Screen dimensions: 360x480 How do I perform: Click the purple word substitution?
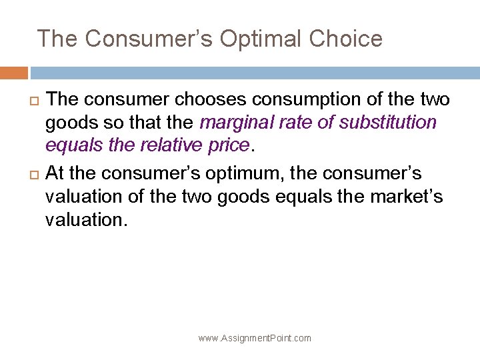pos(389,123)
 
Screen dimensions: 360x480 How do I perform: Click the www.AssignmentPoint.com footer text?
pos(255,339)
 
